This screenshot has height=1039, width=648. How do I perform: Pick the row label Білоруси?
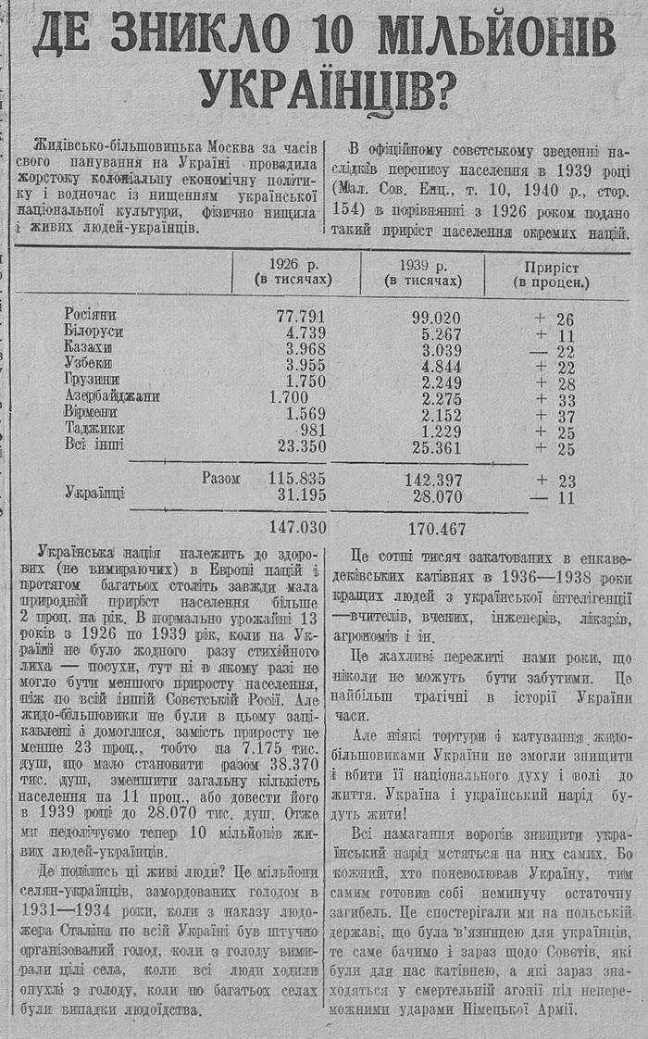tap(94, 332)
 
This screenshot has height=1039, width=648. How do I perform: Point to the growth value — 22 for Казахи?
tap(555, 351)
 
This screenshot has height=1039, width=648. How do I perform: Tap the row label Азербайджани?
tap(113, 397)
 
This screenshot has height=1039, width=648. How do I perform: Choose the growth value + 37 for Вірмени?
tap(555, 416)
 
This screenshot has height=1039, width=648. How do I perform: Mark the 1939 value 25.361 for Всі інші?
tap(435, 449)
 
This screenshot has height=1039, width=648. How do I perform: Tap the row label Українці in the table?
tap(95, 494)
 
